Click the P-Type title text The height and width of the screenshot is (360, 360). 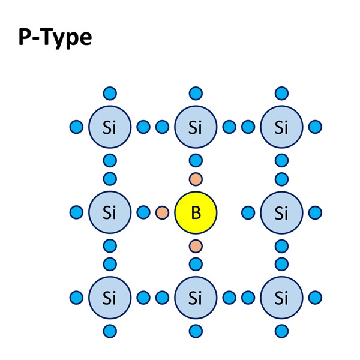(55, 38)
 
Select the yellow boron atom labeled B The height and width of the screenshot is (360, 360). (196, 212)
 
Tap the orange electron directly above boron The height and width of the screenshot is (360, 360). (196, 179)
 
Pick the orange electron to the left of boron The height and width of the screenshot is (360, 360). (163, 212)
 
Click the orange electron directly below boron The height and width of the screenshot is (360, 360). (196, 246)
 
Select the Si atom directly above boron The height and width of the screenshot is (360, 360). (196, 127)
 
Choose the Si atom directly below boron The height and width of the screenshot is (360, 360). (196, 298)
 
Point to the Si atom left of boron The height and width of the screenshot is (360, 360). (110, 212)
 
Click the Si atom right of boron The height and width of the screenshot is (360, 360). (282, 212)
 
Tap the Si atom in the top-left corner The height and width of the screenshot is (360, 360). (110, 127)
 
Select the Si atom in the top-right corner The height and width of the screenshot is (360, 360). (282, 127)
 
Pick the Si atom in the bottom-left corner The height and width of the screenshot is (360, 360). (110, 298)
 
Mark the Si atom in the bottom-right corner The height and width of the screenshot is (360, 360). (282, 298)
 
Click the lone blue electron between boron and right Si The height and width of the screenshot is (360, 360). (248, 212)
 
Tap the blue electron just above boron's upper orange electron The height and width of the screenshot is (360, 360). (196, 160)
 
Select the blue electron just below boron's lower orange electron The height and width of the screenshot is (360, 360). (196, 264)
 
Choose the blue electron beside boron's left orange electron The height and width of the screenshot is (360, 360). (143, 212)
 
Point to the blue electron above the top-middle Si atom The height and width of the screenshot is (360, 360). (196, 94)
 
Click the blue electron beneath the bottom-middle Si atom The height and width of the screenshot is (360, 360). (196, 331)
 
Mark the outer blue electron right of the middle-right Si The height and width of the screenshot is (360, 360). (315, 212)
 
